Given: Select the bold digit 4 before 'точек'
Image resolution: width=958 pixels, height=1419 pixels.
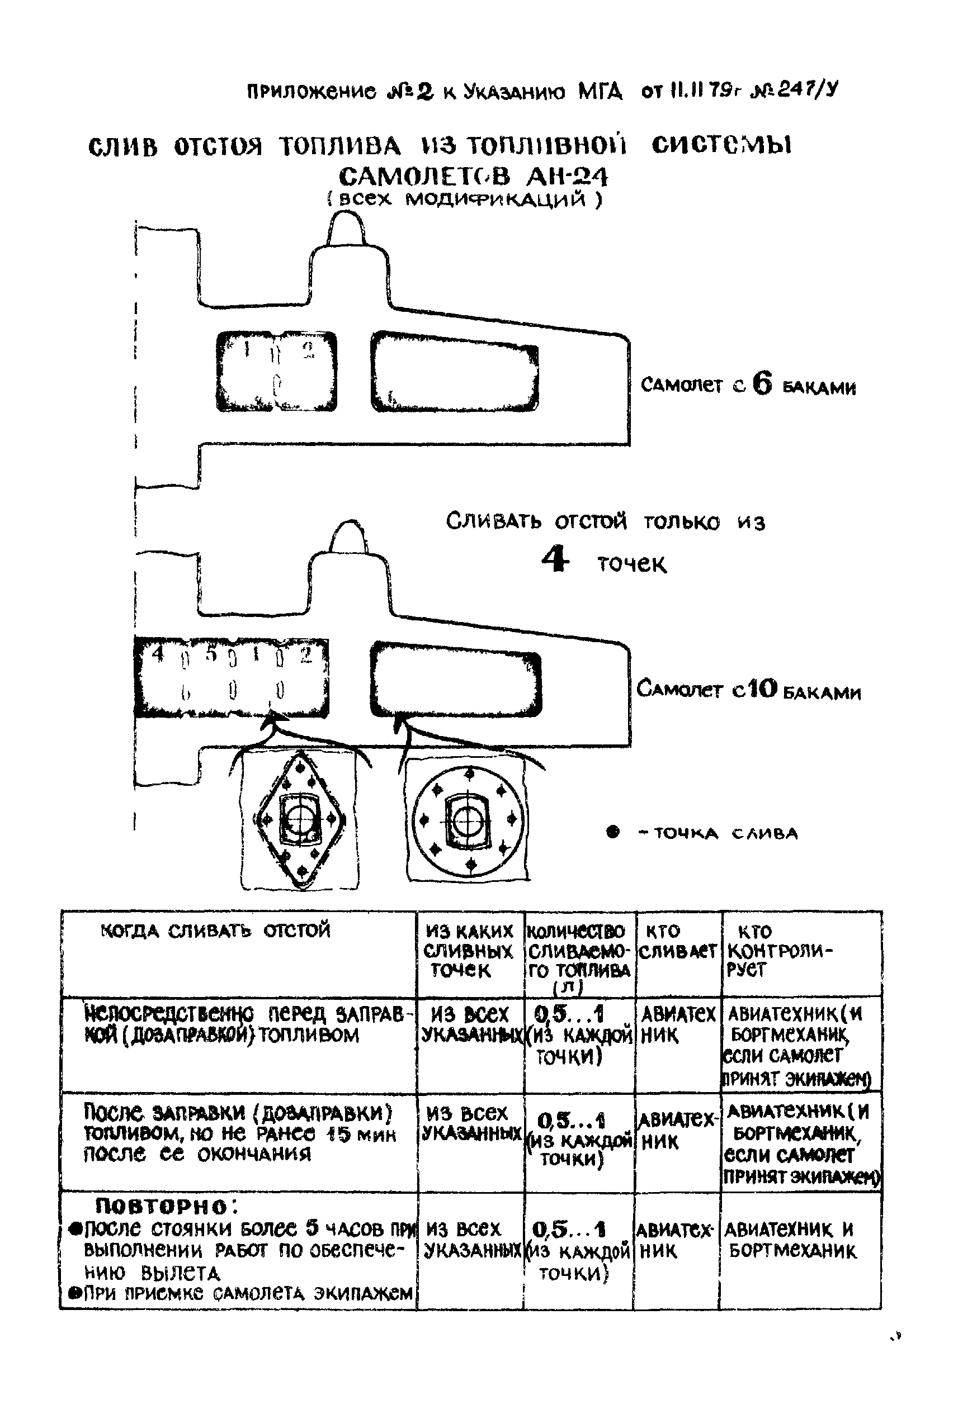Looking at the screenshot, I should click(x=555, y=559).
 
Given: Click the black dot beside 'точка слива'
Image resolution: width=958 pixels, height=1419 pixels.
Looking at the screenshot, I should click(x=613, y=832).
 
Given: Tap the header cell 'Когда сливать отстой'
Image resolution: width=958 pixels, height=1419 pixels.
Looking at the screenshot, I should click(x=215, y=931).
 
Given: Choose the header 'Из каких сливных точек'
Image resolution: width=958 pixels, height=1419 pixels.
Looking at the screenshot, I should click(x=469, y=950).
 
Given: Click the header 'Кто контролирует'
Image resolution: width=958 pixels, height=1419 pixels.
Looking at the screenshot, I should click(x=780, y=950).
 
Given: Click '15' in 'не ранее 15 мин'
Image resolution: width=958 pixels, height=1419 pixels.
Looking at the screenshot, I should click(x=337, y=1135).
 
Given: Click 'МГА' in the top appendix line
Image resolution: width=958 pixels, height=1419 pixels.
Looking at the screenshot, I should click(x=600, y=92).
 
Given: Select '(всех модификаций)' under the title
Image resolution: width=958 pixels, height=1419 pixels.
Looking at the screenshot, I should click(x=464, y=200).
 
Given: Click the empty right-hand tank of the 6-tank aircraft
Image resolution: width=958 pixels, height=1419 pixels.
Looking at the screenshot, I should click(x=455, y=371).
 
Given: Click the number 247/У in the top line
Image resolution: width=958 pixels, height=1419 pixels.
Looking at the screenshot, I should click(x=805, y=91).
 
